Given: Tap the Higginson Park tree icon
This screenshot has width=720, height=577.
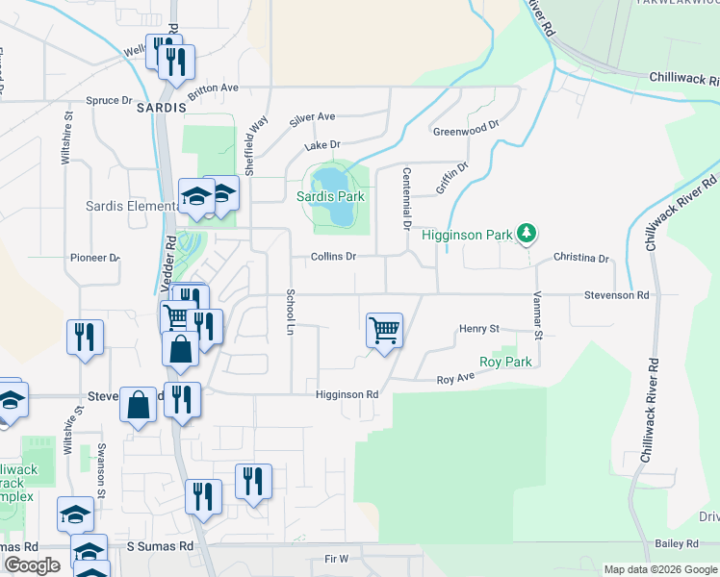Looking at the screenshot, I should pos(527,233).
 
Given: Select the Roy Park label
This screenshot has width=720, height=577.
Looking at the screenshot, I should pos(505,362).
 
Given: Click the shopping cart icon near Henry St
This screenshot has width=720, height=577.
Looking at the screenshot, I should pos(384,331).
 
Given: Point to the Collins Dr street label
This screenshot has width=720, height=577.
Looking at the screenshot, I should pos(333,257).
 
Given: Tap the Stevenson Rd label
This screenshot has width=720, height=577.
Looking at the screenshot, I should pos(616,296).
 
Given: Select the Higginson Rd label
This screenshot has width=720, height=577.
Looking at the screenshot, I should pos(347,394).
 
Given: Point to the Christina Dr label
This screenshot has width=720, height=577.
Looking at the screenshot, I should pos(581,259).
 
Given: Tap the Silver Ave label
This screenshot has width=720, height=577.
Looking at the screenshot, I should pos(313,118).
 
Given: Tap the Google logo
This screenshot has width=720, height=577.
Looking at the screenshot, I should pos(32,565).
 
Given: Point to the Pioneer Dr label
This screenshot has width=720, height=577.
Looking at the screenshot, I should pos(94,258).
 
